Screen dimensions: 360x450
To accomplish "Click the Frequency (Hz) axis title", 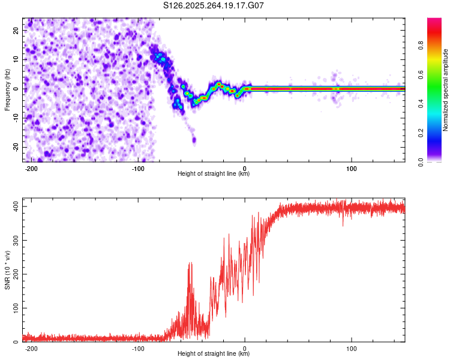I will click(x=7, y=89).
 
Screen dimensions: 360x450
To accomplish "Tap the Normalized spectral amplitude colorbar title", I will click(x=445, y=90).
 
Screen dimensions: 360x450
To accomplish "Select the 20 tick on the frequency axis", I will click(x=16, y=30).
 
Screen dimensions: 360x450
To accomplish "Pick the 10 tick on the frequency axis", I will click(x=16, y=59).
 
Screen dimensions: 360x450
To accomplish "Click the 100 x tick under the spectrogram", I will click(x=352, y=167).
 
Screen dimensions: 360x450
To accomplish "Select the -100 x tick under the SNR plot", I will click(x=138, y=348).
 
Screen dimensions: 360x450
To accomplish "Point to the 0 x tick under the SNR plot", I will click(x=245, y=348).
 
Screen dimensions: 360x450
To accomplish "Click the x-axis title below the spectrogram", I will click(x=214, y=174).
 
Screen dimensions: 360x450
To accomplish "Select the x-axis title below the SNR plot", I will click(x=214, y=354).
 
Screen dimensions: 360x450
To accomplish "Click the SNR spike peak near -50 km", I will click(x=190, y=263).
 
